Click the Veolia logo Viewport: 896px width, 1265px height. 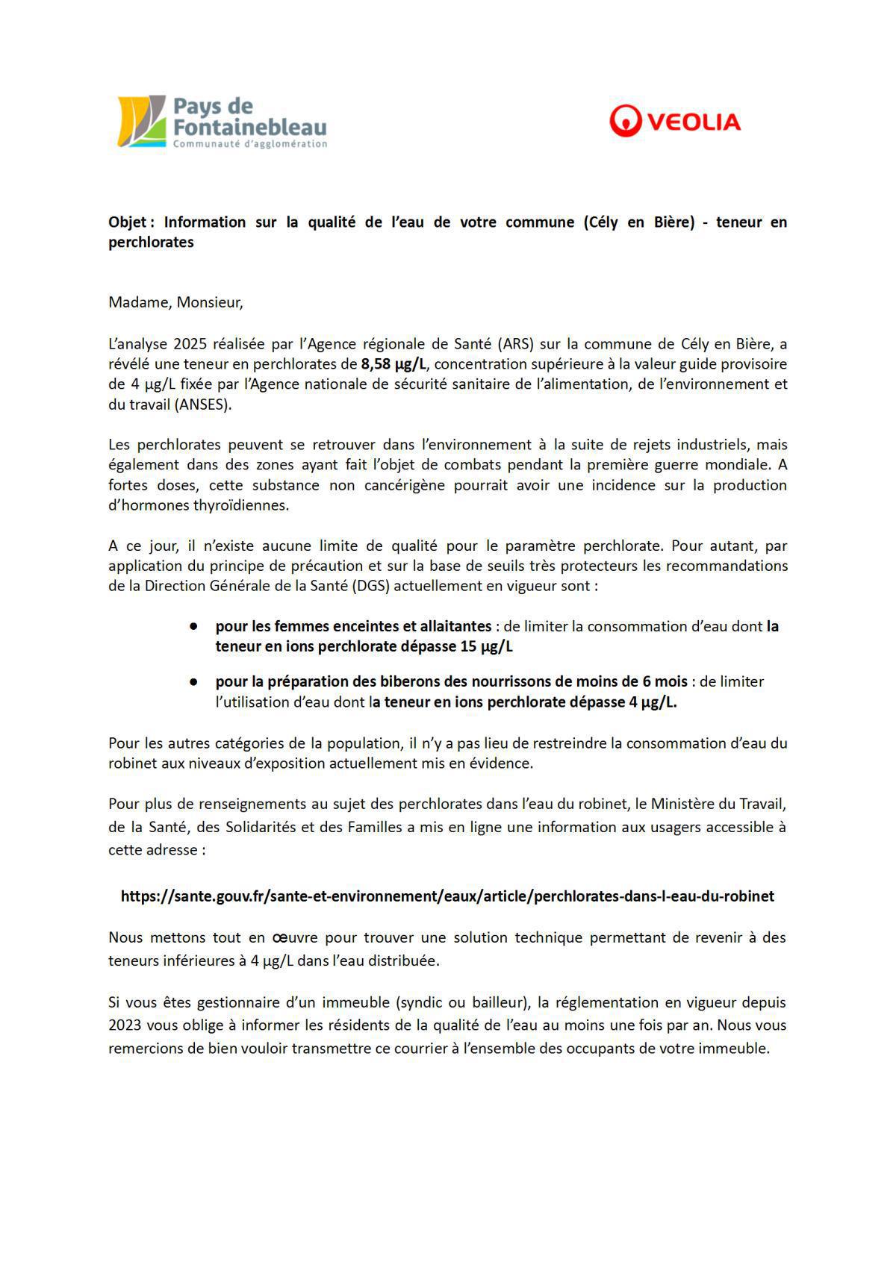tap(674, 121)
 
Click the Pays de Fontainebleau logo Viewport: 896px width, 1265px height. tap(223, 122)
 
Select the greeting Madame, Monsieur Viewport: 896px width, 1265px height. tap(175, 302)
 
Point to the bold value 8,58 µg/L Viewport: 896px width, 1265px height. tap(393, 364)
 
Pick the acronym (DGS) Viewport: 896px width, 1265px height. tap(369, 586)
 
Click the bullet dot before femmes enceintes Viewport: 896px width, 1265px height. tap(193, 626)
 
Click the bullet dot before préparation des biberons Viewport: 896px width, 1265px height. tap(193, 681)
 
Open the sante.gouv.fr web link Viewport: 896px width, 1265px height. tap(447, 896)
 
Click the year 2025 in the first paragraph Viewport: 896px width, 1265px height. tap(190, 344)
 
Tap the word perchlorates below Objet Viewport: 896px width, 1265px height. tap(151, 243)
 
